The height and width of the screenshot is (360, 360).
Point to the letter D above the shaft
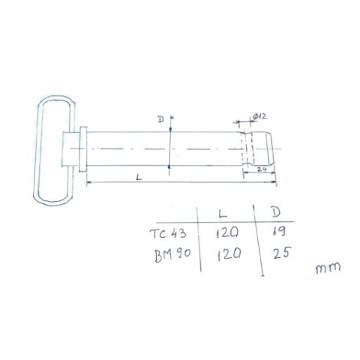coord(160,120)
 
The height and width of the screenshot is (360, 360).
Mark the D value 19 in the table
coord(277,232)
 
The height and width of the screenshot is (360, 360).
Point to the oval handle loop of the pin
coord(52,149)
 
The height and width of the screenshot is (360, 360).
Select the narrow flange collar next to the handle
coord(84,149)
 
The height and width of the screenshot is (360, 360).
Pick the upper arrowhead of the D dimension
coord(171,120)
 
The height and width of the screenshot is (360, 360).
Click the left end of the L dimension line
coord(88,182)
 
